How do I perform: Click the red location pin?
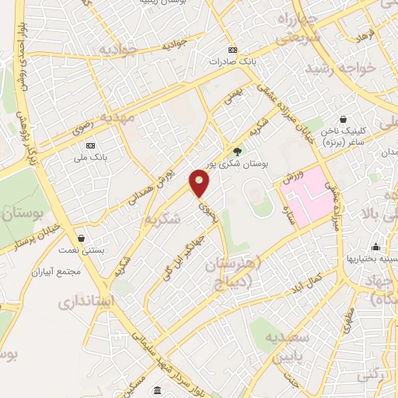point(200,183)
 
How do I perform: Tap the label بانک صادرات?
point(231,61)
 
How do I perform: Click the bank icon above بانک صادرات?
point(231,50)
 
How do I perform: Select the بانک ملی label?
point(91,156)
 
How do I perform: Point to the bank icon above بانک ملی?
point(91,145)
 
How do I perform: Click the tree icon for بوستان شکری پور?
point(237,152)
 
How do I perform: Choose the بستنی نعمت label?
point(81,250)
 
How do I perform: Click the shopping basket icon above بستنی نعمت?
point(82,239)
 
